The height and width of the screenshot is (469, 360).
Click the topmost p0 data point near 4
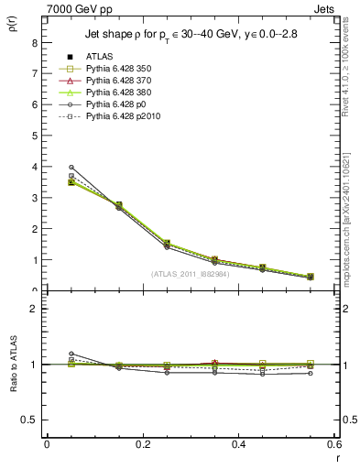71,167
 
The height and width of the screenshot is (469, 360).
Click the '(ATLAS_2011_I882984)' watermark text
191,273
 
